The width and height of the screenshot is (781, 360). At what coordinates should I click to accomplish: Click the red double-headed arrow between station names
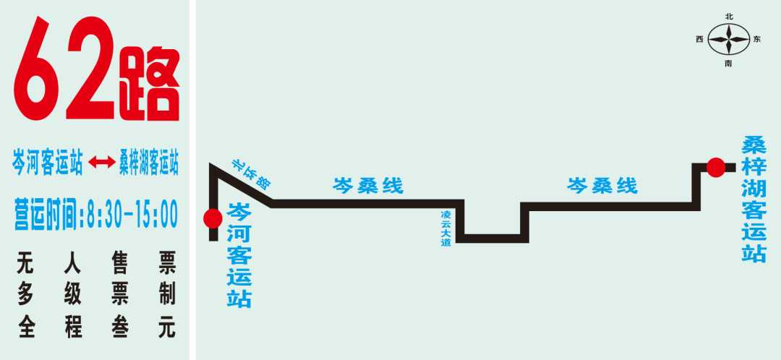101,163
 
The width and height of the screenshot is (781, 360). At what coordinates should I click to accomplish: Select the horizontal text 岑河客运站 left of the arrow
48,162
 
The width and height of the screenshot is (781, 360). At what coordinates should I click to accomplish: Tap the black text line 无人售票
96,262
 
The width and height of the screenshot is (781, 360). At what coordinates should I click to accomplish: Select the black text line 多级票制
96,294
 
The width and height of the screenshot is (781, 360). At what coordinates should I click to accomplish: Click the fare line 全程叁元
96,327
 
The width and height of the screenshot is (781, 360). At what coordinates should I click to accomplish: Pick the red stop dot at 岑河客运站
213,218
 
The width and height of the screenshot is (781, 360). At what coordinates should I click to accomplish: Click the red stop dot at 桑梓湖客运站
715,168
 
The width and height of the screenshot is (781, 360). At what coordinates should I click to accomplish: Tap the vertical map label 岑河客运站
239,255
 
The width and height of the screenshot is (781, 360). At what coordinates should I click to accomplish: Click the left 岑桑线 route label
367,186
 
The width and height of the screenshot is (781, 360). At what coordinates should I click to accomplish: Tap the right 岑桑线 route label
602,186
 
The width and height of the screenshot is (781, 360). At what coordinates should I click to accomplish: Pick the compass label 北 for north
728,15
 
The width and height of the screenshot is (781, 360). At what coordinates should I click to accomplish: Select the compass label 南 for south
728,64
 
